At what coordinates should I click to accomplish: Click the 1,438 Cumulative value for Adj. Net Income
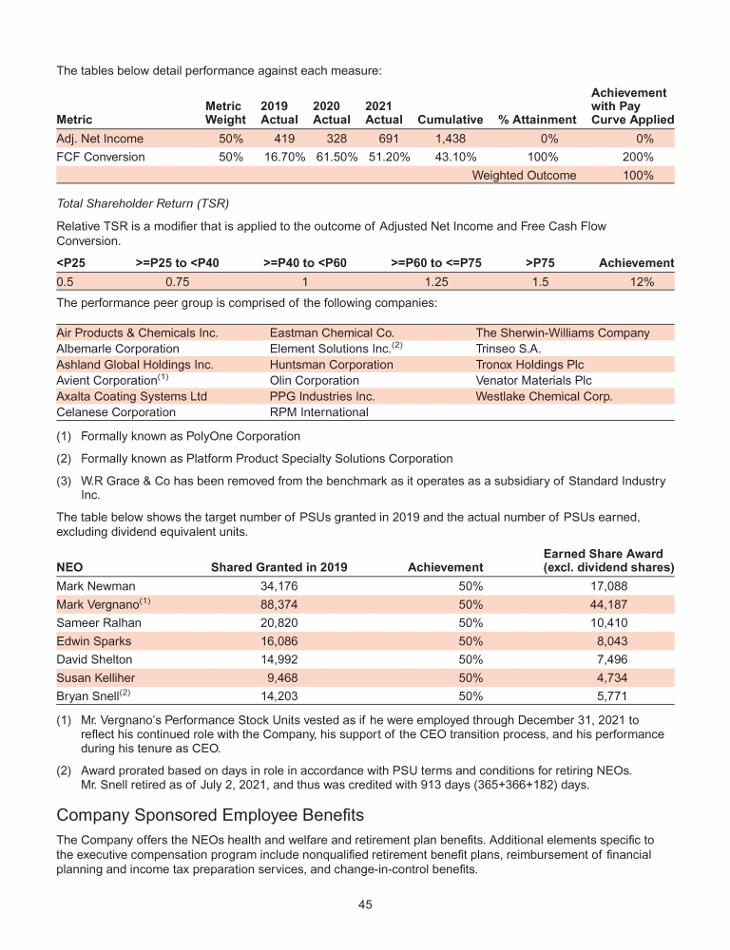click(x=450, y=139)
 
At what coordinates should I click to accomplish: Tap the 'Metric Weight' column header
click(x=225, y=113)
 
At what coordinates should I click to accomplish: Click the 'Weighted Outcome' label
click(x=524, y=176)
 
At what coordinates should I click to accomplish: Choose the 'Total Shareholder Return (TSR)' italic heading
click(x=144, y=203)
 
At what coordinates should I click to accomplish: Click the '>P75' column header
click(x=540, y=263)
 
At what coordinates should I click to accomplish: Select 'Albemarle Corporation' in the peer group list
click(x=118, y=349)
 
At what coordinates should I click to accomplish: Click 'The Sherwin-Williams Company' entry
click(x=562, y=333)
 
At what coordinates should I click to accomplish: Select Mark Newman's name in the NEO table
click(x=96, y=586)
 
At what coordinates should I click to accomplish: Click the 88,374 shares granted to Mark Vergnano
click(x=279, y=605)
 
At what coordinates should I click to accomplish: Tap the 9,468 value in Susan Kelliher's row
click(x=282, y=678)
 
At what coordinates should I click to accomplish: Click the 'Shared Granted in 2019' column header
click(x=279, y=568)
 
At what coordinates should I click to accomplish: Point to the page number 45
click(x=365, y=904)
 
